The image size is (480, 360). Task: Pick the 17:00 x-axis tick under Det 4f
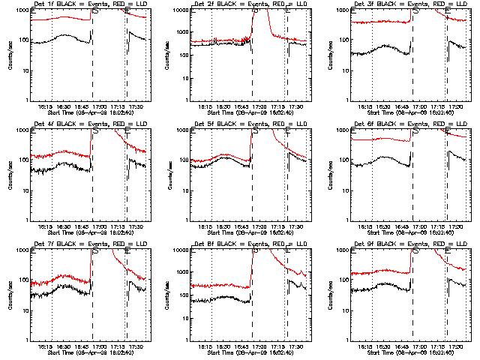click(108, 226)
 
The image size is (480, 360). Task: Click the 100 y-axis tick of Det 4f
click(25, 160)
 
